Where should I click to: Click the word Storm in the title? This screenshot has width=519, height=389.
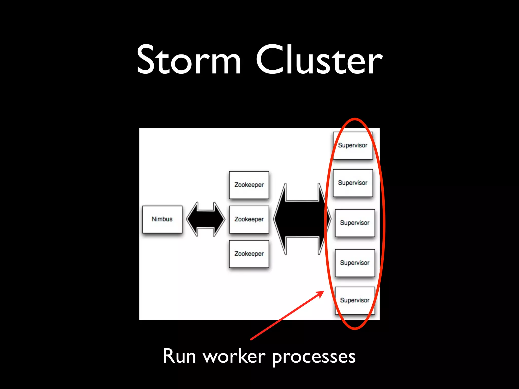(189, 60)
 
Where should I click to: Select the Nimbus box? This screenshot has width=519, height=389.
(162, 219)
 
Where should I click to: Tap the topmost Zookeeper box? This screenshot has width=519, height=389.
(249, 185)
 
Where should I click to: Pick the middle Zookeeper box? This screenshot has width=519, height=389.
(249, 219)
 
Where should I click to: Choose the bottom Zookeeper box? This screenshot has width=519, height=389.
(249, 254)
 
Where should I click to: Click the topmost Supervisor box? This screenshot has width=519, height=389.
(353, 145)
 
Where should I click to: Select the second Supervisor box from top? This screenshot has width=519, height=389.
(353, 183)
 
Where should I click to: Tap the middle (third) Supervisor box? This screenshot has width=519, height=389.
(355, 223)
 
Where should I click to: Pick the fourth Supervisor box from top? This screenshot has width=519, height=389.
(355, 263)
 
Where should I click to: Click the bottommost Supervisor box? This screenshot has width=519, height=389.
(355, 300)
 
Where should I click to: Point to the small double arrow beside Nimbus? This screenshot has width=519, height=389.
(206, 219)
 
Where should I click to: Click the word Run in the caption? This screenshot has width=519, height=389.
(179, 356)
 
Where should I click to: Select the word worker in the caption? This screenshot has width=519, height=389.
(234, 356)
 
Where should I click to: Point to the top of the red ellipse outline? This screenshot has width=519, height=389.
(355, 119)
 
